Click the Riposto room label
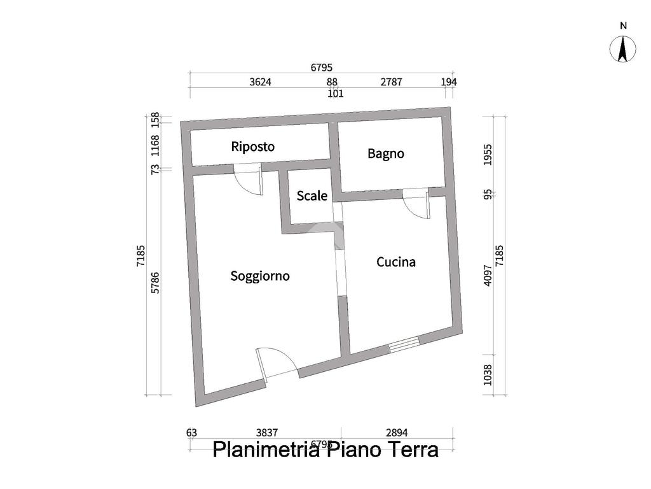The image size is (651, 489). [x=253, y=146]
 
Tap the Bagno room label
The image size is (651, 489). [x=386, y=153]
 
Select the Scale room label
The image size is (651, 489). [x=312, y=196]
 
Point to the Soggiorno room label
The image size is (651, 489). [x=260, y=276]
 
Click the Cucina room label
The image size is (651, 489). [x=396, y=262]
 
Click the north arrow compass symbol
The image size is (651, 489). [x=623, y=50]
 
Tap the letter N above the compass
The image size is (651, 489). [x=623, y=26]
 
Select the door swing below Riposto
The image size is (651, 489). [x=248, y=180]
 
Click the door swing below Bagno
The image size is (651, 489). [x=416, y=204]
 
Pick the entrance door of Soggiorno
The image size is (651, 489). [x=277, y=364]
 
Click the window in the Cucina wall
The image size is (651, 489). [x=404, y=344]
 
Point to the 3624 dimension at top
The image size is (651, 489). [x=261, y=82]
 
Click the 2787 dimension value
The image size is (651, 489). [x=391, y=82]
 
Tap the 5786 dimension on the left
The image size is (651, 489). [x=155, y=282]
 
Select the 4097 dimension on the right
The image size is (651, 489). [x=488, y=275]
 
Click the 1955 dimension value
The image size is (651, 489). [x=488, y=154]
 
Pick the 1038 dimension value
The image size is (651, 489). [x=488, y=374]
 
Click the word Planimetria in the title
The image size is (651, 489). [x=265, y=450]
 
